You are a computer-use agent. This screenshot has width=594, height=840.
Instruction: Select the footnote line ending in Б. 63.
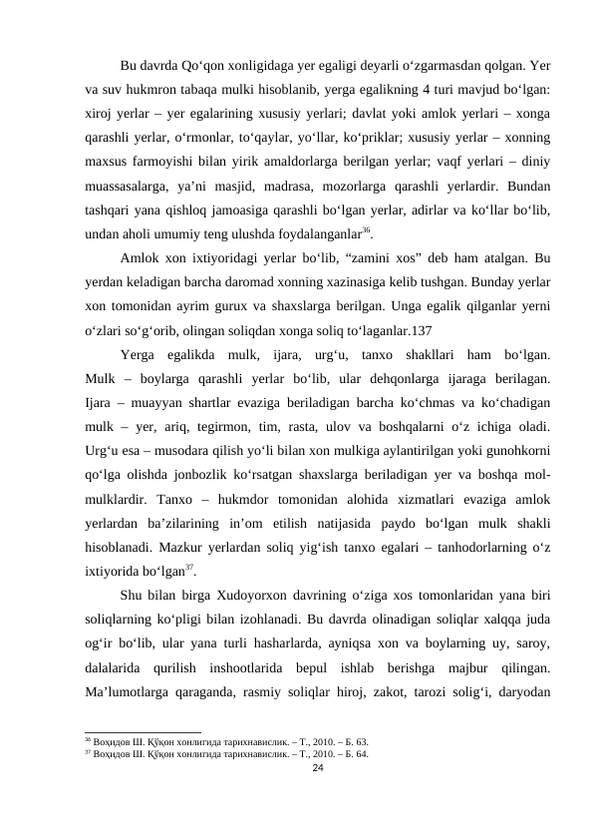pos(222,743)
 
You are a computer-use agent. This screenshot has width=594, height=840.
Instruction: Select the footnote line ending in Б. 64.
pos(222,754)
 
